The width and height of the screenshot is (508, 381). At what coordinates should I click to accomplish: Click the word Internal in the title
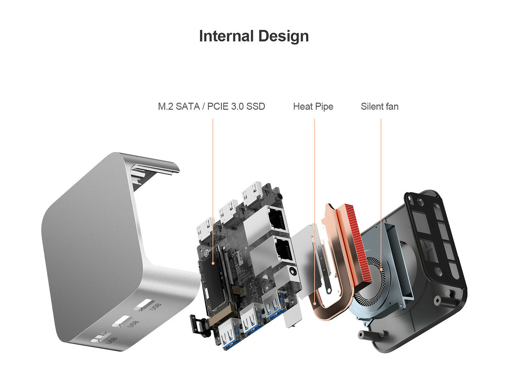click(x=226, y=36)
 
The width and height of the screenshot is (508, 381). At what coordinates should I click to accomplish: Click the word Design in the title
click(x=284, y=36)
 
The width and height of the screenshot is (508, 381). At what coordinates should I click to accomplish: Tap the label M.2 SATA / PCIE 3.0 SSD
click(x=211, y=107)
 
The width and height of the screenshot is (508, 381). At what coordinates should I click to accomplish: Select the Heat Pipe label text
click(x=313, y=107)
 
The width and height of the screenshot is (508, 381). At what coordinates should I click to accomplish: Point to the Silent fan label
click(x=380, y=107)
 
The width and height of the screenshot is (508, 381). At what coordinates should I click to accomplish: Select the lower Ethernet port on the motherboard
click(x=283, y=250)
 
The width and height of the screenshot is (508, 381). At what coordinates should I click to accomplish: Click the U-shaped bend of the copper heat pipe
click(x=329, y=315)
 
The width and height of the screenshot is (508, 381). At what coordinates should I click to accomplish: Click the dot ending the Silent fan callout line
click(x=381, y=269)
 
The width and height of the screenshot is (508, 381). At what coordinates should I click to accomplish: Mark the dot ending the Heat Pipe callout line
click(x=315, y=304)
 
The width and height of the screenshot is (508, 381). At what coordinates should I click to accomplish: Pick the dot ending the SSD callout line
click(x=213, y=263)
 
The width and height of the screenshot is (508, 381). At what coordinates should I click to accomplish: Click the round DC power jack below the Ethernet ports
click(x=292, y=271)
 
